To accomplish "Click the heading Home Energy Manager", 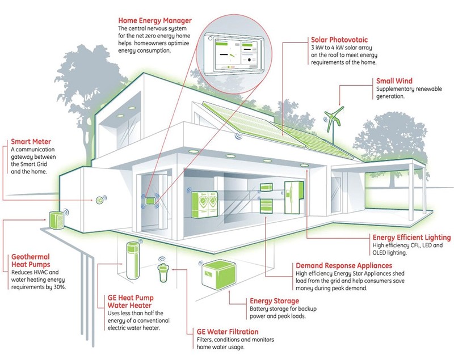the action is tap(155, 20).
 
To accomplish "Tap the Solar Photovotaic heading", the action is tap(339, 40).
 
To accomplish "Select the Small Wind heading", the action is tap(394, 81).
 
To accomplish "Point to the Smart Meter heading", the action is tap(31, 142).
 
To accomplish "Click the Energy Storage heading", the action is tap(274, 301).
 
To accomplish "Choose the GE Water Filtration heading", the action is tap(228, 332).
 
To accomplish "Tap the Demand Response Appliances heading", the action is tap(344, 266).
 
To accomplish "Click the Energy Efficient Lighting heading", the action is tap(412, 238).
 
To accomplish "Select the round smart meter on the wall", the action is tap(99, 200).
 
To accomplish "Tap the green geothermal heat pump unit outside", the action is tap(56, 221).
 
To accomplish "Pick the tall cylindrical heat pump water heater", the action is tap(133, 260).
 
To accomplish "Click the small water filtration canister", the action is tap(163, 272).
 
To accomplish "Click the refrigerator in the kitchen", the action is tap(293, 197).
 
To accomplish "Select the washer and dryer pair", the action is tap(204, 205).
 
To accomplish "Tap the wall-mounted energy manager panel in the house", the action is tap(150, 200).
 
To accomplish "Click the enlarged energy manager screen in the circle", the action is tap(233, 53).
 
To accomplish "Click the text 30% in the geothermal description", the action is tap(60, 287).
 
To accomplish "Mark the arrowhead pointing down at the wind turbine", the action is tap(339, 104).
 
